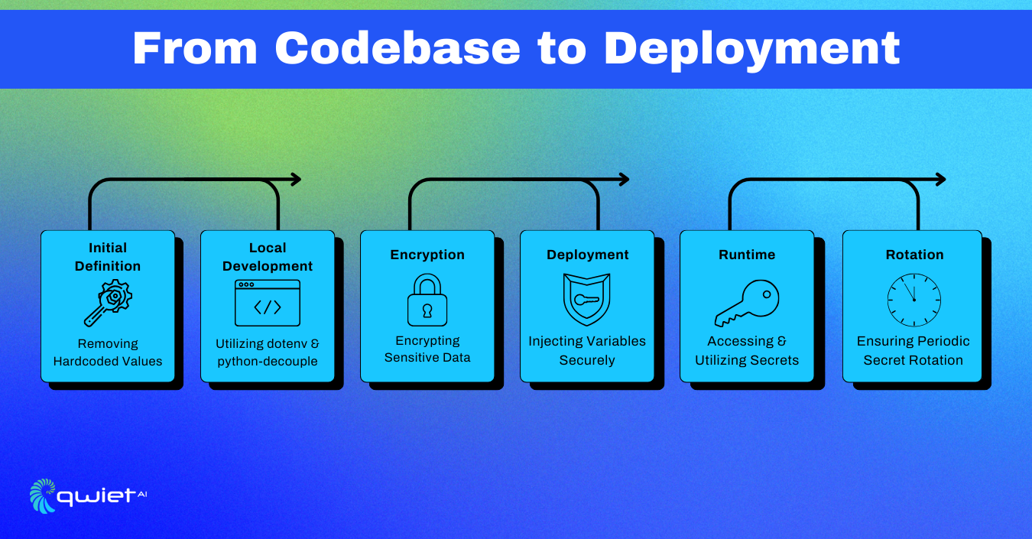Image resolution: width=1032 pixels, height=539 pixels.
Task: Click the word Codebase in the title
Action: tap(398, 49)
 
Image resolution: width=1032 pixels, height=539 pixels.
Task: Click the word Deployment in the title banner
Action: tap(751, 49)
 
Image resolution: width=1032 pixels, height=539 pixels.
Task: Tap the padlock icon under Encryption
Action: tap(427, 300)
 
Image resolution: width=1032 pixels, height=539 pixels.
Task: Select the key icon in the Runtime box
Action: tap(747, 304)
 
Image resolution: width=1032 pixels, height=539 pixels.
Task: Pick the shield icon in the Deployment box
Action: tap(586, 300)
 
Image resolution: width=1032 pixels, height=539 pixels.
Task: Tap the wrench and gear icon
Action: tap(108, 303)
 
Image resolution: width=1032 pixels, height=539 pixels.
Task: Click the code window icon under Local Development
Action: tap(268, 304)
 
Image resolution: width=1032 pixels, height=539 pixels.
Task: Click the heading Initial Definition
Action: tap(108, 257)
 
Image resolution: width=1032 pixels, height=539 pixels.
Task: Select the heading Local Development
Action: tap(268, 257)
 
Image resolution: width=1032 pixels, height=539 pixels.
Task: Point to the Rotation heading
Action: tap(914, 255)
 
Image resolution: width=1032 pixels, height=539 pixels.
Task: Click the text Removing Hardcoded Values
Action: tap(108, 352)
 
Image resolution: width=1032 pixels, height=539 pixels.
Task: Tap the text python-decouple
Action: tap(268, 362)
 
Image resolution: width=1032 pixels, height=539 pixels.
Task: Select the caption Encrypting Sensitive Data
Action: tap(427, 349)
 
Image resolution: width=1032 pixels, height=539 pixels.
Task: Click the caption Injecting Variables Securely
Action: tap(587, 350)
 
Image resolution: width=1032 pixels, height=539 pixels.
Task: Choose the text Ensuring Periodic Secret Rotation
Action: tap(914, 350)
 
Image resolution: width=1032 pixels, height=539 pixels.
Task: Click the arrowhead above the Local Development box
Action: tap(297, 179)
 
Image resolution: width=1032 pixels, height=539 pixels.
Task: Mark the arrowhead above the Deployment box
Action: tap(624, 179)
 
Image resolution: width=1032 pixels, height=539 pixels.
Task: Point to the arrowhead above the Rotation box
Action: tap(940, 179)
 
